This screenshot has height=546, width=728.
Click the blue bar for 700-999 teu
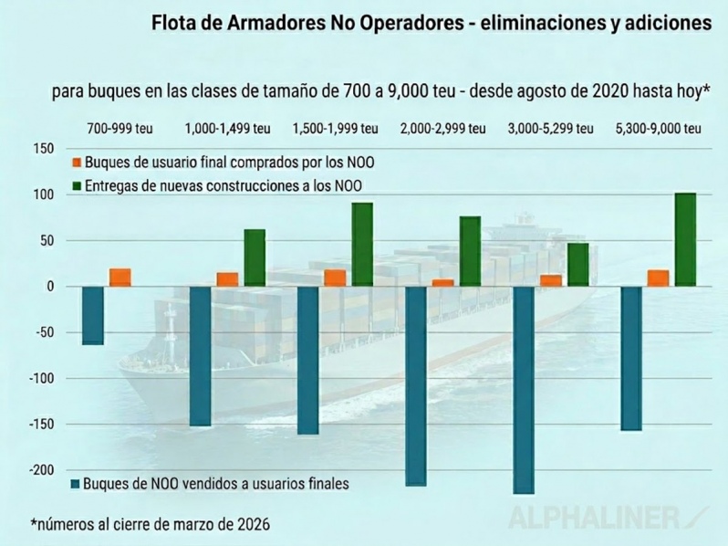pyautogui.click(x=92, y=315)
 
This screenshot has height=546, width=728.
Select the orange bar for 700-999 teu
pyautogui.click(x=120, y=278)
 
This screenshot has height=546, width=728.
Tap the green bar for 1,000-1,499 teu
pyautogui.click(x=254, y=257)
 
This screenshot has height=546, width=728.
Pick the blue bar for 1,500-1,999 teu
pyautogui.click(x=307, y=360)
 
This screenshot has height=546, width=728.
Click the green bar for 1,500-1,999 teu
pyautogui.click(x=362, y=245)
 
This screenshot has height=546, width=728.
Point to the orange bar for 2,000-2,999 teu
pyautogui.click(x=442, y=282)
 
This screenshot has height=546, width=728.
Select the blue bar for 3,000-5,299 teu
pyautogui.click(x=524, y=390)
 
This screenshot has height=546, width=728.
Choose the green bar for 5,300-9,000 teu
pyautogui.click(x=685, y=239)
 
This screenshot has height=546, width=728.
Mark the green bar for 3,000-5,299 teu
pyautogui.click(x=577, y=265)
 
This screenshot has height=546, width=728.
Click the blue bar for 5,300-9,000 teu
pyautogui.click(x=631, y=358)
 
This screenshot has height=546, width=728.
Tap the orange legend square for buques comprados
pyautogui.click(x=77, y=163)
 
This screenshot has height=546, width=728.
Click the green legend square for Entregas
pyautogui.click(x=77, y=186)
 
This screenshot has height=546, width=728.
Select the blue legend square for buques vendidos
pyautogui.click(x=76, y=484)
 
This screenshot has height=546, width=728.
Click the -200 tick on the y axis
pyautogui.click(x=42, y=469)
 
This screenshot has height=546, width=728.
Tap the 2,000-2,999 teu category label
pyautogui.click(x=442, y=128)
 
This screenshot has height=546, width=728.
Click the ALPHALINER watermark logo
pyautogui.click(x=602, y=517)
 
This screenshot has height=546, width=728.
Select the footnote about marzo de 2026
pyautogui.click(x=151, y=525)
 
